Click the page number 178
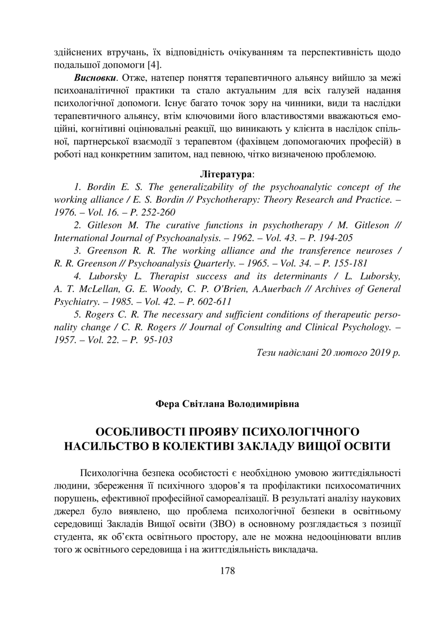click(227, 571)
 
